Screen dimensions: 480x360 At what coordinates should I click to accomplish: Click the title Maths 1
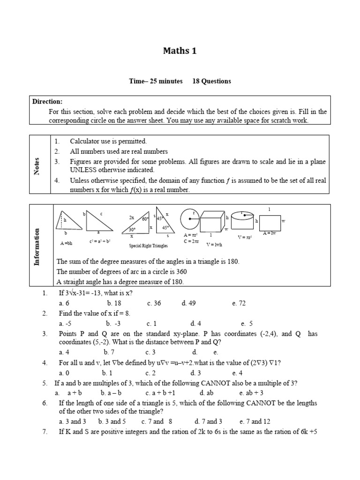[x=180, y=51]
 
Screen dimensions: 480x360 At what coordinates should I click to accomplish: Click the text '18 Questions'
[x=211, y=81]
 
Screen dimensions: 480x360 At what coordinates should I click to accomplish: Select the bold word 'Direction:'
[x=47, y=102]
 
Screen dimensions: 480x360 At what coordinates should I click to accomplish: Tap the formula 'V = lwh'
[x=213, y=245]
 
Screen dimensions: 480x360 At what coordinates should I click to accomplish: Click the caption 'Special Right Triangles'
[x=148, y=246]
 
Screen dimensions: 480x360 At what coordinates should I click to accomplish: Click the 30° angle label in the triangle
[x=133, y=230]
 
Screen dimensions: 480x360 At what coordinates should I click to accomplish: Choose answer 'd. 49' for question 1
[x=188, y=303]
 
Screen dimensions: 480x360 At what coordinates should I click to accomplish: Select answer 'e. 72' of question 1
[x=239, y=303]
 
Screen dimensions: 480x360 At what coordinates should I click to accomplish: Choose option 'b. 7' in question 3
[x=109, y=352]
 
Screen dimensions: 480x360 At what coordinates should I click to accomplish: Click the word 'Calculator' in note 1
[x=85, y=141]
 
